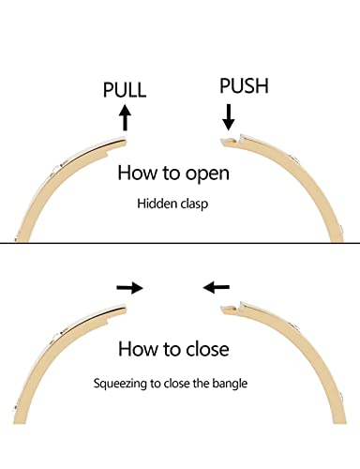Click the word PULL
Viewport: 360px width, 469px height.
point(125,90)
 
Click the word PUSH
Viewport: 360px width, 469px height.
point(244,85)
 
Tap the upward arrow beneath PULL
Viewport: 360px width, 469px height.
point(126,117)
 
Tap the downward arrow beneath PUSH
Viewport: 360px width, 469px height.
point(229,117)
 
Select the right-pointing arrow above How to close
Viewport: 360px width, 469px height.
point(129,288)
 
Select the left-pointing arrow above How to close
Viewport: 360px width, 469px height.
point(217,287)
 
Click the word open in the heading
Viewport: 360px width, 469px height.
point(207,174)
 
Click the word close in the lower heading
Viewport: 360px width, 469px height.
point(207,349)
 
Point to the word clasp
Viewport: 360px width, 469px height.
point(194,204)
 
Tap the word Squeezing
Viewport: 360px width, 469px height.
point(120,384)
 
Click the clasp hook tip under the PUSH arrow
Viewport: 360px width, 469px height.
point(221,140)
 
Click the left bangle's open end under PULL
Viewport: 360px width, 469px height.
point(126,143)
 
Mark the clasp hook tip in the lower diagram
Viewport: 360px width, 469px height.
point(222,309)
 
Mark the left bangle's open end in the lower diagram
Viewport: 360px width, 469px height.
point(126,310)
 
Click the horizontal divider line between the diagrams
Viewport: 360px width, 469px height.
point(180,243)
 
